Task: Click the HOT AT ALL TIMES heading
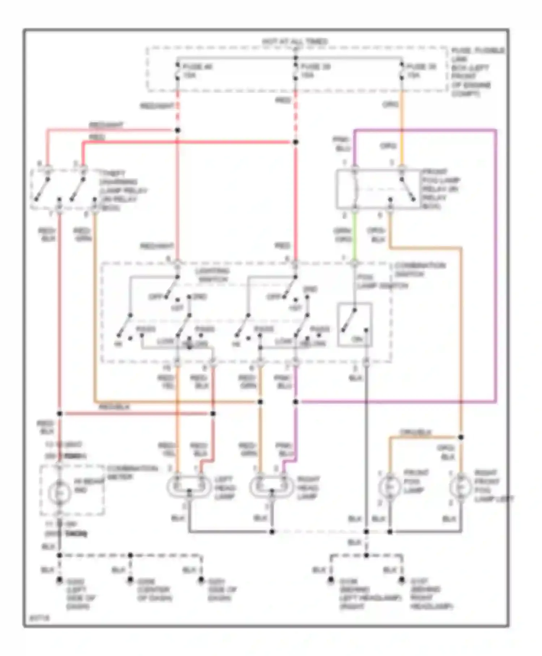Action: click(294, 42)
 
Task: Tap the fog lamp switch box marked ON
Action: click(354, 325)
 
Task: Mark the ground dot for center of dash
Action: click(130, 580)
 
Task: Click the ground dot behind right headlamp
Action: click(401, 580)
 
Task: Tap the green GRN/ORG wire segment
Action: click(354, 235)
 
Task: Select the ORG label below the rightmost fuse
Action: click(390, 105)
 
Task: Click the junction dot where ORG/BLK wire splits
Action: click(461, 437)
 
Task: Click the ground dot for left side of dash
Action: click(59, 580)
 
